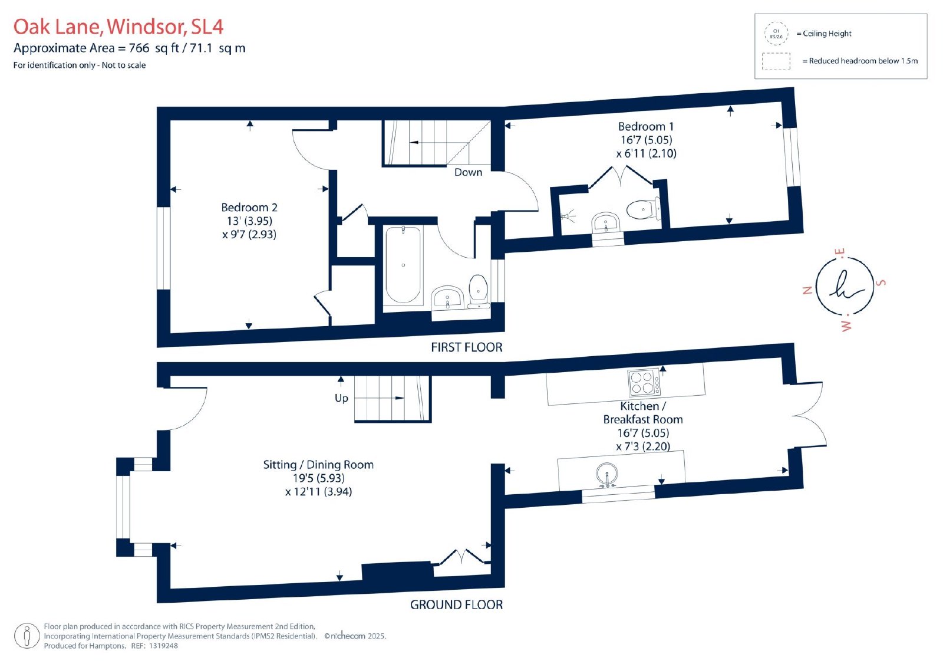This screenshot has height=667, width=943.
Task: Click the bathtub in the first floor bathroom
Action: point(403,265)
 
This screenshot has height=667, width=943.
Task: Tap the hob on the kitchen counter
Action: point(644,382)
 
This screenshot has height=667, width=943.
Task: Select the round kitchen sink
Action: point(607,475)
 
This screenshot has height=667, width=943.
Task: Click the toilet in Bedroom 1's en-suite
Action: point(643,209)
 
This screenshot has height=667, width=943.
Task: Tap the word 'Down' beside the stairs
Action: point(468,172)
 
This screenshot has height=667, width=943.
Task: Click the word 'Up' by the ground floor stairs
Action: point(341,398)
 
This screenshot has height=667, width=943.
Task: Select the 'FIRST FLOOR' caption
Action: point(466,347)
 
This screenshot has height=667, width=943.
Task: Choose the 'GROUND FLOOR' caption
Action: point(456,604)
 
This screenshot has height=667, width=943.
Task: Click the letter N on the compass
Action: point(807,290)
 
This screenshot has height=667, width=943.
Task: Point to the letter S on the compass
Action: point(881,282)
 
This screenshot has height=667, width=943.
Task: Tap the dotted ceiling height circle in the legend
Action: point(776,34)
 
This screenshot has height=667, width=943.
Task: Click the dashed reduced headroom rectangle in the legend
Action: point(776,61)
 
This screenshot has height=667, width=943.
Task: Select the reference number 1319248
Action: point(163,646)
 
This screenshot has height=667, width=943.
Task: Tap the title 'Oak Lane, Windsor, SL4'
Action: point(118,27)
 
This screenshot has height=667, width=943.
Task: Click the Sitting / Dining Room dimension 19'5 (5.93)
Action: point(319,478)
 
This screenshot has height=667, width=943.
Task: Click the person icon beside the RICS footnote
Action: point(27,636)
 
